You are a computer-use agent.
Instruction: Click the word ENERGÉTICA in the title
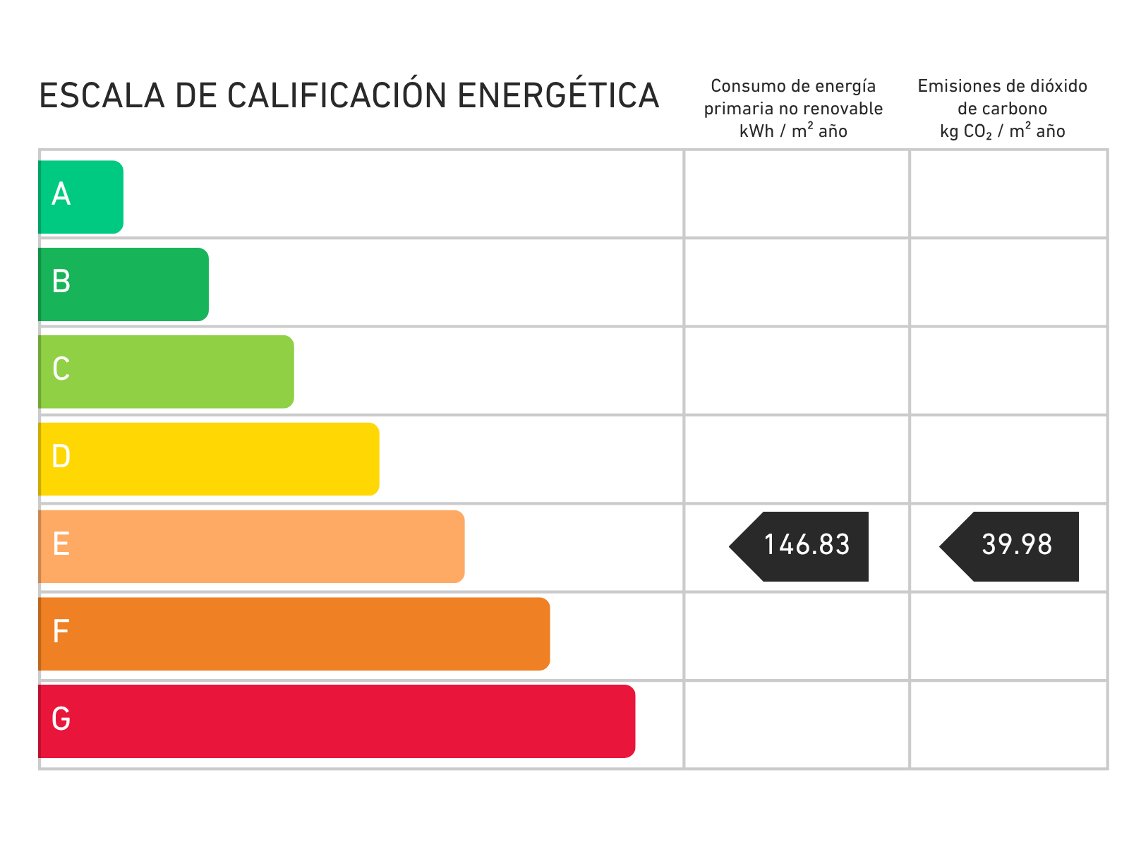(x=557, y=95)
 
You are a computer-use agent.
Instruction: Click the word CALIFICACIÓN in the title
(x=337, y=95)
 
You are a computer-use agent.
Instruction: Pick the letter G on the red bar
(x=61, y=719)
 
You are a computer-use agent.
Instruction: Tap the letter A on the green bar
(x=61, y=194)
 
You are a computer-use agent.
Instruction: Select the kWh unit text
(x=756, y=131)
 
